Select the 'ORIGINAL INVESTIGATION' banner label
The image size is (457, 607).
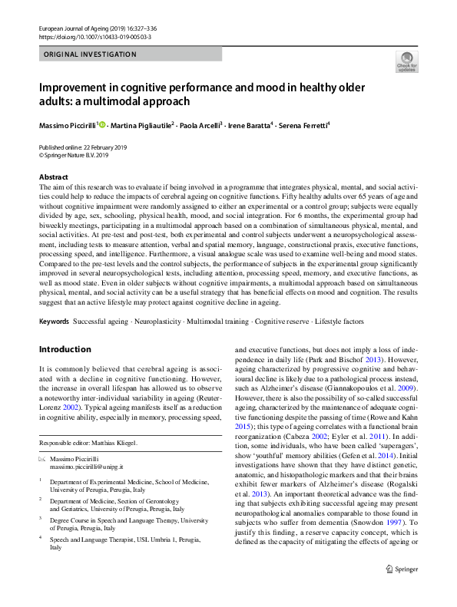pyautogui.click(x=90, y=54)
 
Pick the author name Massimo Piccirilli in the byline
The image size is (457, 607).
pyautogui.click(x=68, y=124)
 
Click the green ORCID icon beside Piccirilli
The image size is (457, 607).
pyautogui.click(x=101, y=124)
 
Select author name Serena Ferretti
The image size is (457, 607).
pyautogui.click(x=303, y=124)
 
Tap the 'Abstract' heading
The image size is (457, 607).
pyautogui.click(x=53, y=177)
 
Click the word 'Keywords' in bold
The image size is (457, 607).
pyautogui.click(x=54, y=319)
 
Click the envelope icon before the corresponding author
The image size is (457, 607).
pyautogui.click(x=42, y=458)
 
